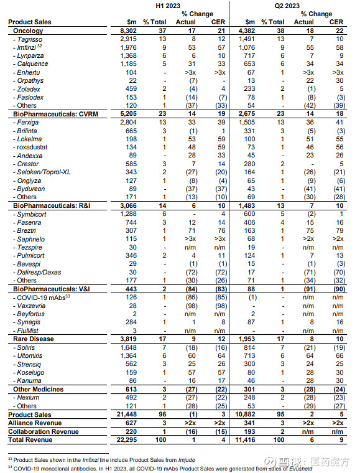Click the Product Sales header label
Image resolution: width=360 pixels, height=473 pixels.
(29, 22)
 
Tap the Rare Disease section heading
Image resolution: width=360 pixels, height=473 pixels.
(32, 339)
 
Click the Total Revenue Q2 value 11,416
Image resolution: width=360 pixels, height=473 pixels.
(242, 440)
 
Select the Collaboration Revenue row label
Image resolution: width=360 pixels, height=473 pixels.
(43, 431)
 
